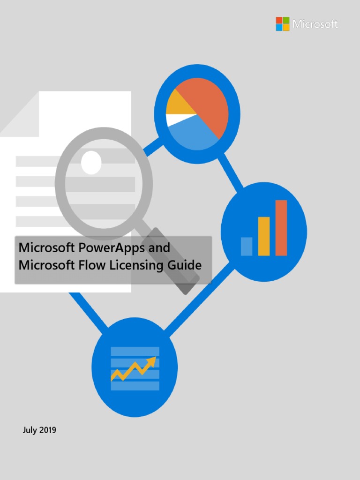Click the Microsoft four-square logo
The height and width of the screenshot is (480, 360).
click(283, 24)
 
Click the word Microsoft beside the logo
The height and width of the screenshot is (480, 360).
click(315, 24)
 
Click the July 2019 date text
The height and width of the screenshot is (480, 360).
click(39, 429)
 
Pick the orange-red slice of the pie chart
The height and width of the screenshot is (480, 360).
click(206, 103)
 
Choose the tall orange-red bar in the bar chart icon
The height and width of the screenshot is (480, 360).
click(281, 228)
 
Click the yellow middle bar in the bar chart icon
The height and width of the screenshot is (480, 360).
click(264, 236)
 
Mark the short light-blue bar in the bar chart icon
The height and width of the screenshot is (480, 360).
click(247, 246)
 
